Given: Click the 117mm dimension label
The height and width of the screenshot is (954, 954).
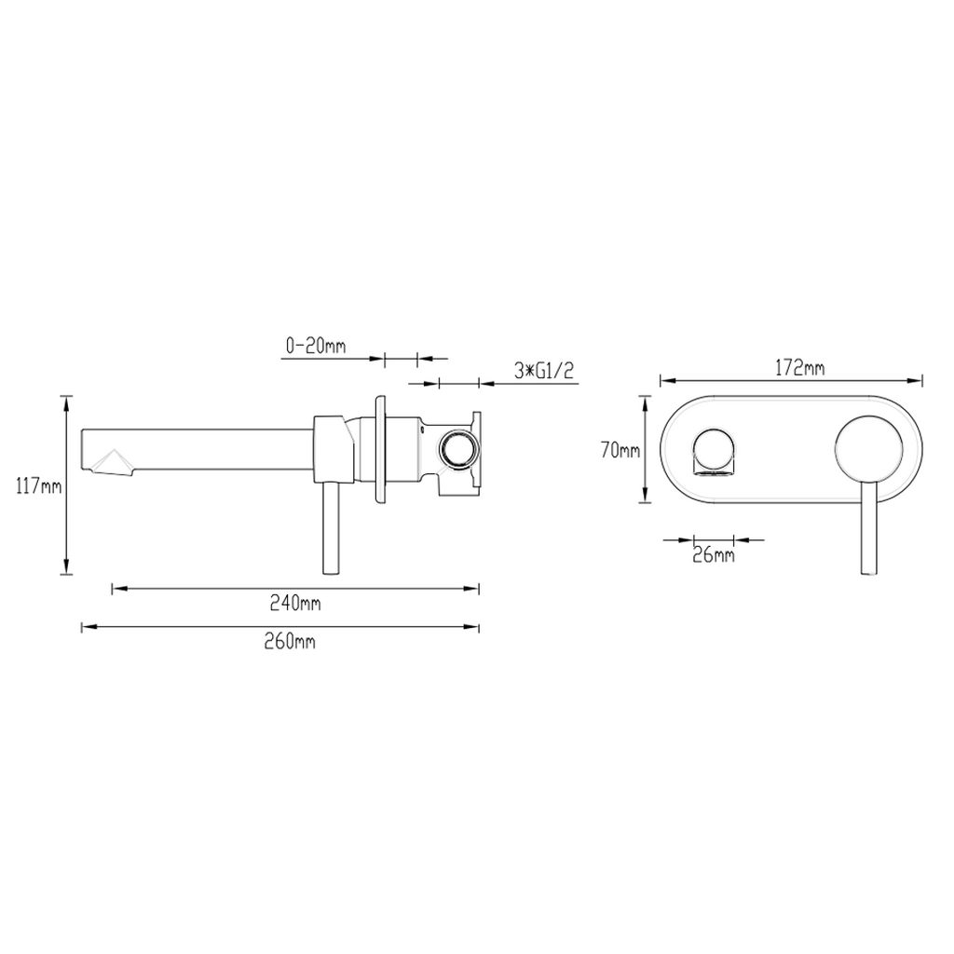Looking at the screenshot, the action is click(39, 486).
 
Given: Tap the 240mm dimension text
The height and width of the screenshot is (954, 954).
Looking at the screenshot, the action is click(295, 604).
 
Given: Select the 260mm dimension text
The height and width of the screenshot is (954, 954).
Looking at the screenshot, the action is click(290, 642).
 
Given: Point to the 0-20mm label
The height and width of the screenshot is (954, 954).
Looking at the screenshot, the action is click(316, 347).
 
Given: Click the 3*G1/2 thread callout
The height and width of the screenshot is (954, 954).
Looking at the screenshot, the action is click(544, 371).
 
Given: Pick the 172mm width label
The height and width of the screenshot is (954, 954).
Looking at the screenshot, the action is click(799, 368).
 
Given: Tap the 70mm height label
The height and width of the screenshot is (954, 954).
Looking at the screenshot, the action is click(620, 451).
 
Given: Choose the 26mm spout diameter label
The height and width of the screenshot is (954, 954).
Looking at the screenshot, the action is click(714, 555).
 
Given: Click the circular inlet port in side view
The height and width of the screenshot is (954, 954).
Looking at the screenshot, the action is click(457, 450).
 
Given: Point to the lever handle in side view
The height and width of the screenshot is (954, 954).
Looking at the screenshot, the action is click(331, 528).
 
